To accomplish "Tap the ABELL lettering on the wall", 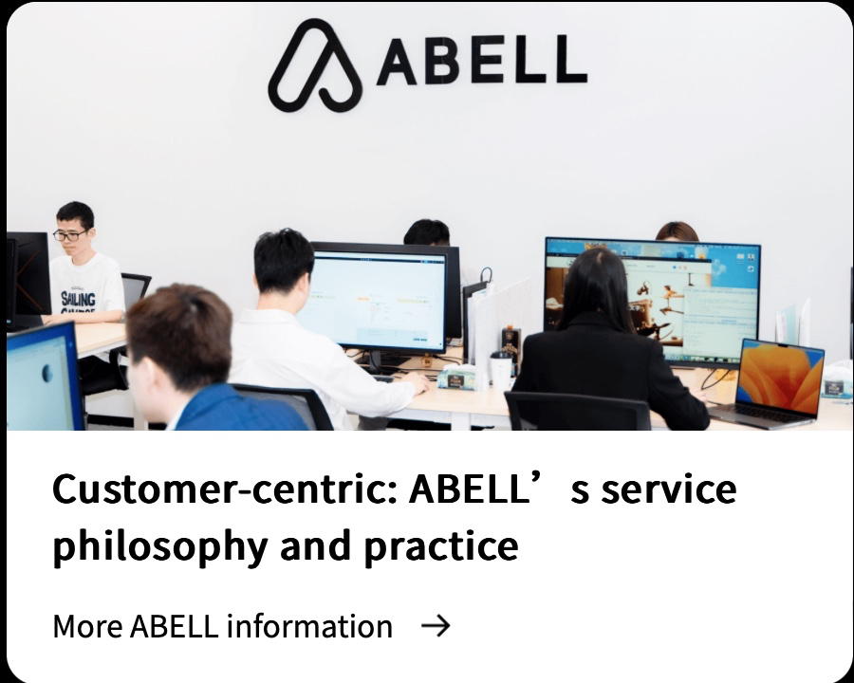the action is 482,61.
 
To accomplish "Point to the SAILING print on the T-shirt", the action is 78,299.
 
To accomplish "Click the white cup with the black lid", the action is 500,369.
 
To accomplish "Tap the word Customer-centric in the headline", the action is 224,489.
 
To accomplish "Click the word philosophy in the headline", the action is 160,546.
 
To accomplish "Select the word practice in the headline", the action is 441,546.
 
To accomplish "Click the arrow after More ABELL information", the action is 436,626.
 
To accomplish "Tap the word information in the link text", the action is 309,626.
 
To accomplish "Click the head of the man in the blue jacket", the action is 178,343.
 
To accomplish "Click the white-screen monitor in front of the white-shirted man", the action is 380,297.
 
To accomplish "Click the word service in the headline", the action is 669,489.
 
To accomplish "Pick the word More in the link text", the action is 87,626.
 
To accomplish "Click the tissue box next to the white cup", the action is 457,378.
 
